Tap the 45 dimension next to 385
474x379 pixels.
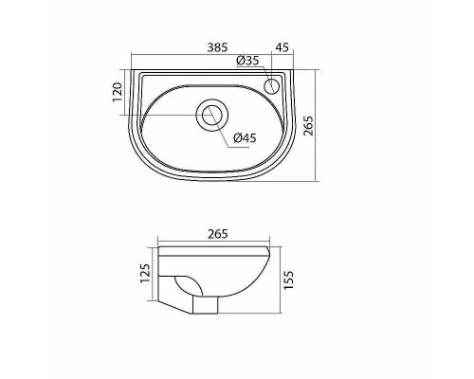click(283, 46)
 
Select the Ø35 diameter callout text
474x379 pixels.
click(247, 62)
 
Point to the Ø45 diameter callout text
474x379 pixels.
click(245, 138)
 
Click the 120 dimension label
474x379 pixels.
click(117, 91)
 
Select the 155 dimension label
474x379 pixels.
click(290, 279)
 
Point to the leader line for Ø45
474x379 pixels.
click(224, 130)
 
